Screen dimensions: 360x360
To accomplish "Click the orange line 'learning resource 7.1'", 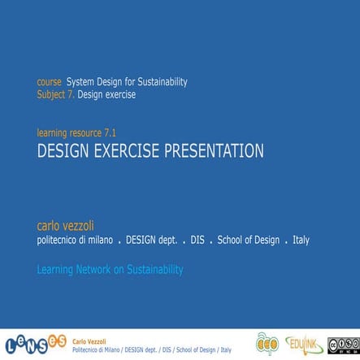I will pyautogui.click(x=82, y=132).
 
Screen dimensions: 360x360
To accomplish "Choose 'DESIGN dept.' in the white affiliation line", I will pyautogui.click(x=152, y=241).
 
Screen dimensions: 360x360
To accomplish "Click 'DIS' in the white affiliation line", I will pyautogui.click(x=197, y=241).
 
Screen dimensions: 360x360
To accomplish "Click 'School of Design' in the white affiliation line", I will pyautogui.click(x=248, y=241).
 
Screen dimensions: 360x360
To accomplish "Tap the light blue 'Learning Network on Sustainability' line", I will pyautogui.click(x=111, y=269).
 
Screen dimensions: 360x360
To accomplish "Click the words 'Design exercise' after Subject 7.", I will pyautogui.click(x=106, y=94).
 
